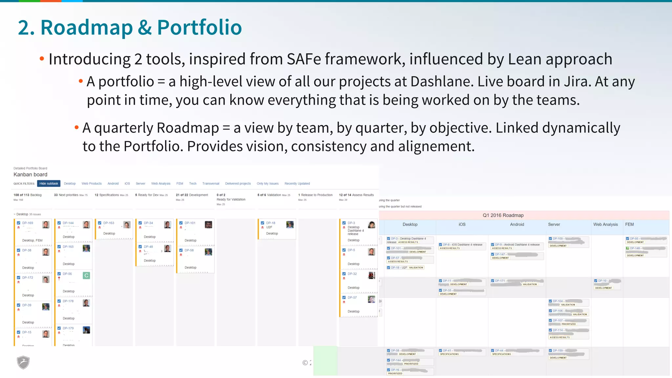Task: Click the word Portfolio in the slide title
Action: [x=199, y=27]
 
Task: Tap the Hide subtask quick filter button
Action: [x=49, y=183]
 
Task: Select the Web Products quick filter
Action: [x=92, y=183]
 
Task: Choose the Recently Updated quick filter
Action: [x=297, y=183]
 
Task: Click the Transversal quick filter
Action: [x=211, y=183]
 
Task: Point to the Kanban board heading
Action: [x=30, y=175]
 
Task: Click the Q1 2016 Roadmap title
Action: [x=503, y=215]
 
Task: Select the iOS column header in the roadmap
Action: [x=462, y=224]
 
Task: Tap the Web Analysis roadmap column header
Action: [x=605, y=224]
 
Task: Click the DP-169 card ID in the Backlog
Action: [x=28, y=223]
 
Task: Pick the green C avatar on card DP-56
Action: [x=86, y=276]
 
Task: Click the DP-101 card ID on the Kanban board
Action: [x=190, y=223]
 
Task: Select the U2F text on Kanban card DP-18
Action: [x=269, y=227]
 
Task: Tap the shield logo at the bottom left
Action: [x=23, y=362]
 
